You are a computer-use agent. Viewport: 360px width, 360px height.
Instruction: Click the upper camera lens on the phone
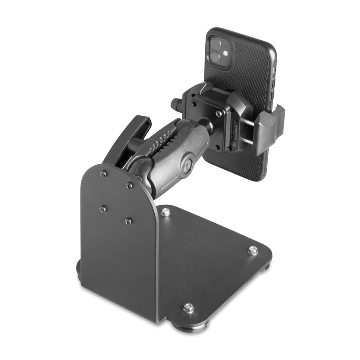[216, 44]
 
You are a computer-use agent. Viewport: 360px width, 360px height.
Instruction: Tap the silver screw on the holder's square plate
[218, 114]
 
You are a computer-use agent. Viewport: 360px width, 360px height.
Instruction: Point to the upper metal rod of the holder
[249, 121]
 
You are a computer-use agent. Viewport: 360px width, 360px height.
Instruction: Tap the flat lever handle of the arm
[128, 137]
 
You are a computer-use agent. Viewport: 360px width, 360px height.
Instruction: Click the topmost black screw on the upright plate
[103, 173]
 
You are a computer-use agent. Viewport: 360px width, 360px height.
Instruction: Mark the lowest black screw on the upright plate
[129, 221]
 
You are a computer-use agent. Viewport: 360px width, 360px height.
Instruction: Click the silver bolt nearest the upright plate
[166, 211]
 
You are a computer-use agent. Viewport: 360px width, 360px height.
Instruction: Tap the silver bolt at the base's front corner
[189, 308]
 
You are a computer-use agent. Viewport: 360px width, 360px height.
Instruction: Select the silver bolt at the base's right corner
[253, 250]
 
